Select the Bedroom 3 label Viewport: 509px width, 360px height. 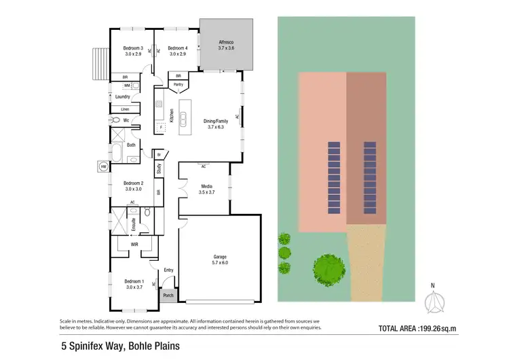pyautogui.click(x=132, y=48)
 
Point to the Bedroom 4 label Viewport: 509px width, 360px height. pyautogui.click(x=177, y=48)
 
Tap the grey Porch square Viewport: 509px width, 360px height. pyautogui.click(x=168, y=295)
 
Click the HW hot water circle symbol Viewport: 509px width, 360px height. pyautogui.click(x=103, y=166)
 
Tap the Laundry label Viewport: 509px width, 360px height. pyautogui.click(x=122, y=96)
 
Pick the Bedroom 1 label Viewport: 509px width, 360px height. pyautogui.click(x=134, y=281)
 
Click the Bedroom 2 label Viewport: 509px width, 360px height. pyautogui.click(x=133, y=183)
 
